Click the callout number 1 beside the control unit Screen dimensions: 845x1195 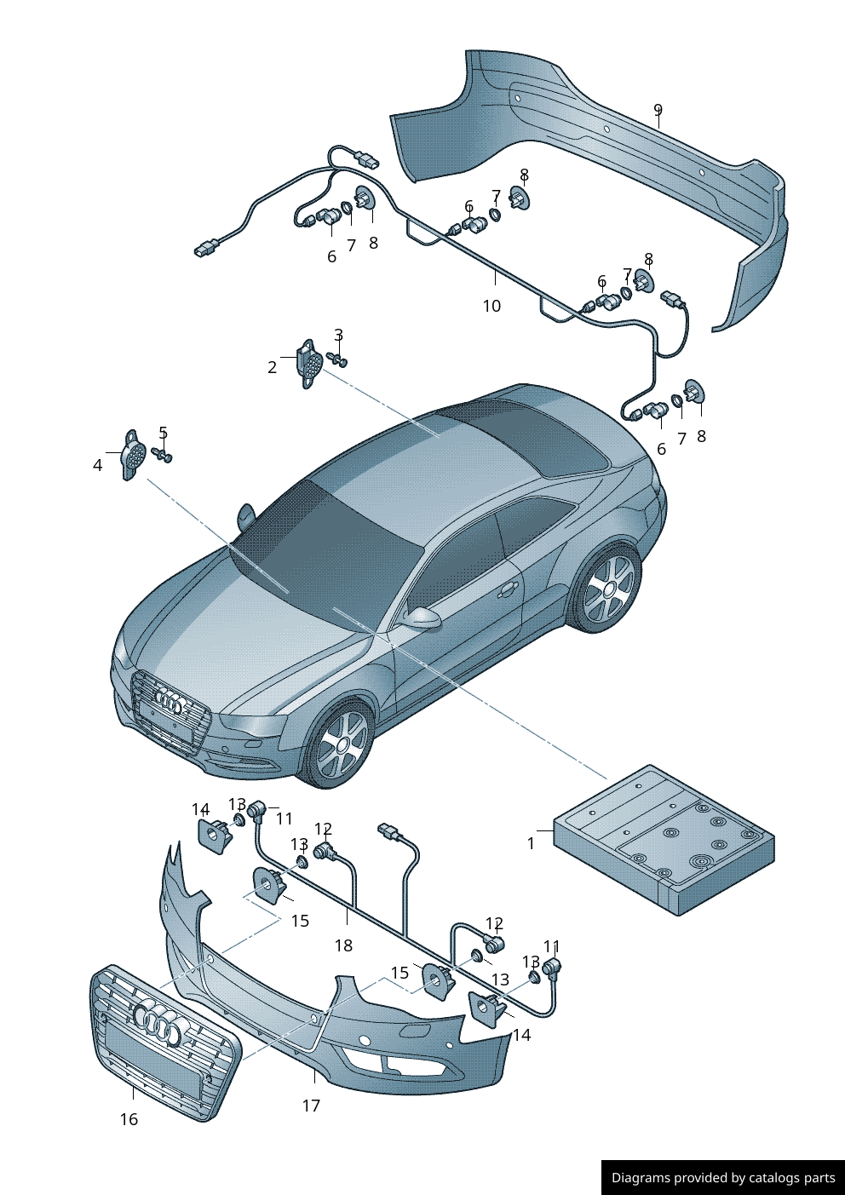(531, 843)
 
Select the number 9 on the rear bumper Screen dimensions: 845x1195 (658, 109)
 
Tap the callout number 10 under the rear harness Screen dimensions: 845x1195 (491, 306)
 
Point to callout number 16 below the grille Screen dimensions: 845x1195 (129, 1118)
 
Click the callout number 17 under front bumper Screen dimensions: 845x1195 (311, 1106)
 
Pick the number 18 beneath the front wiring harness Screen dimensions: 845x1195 (343, 945)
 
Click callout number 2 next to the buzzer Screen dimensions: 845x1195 (272, 367)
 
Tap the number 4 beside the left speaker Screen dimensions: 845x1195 (97, 465)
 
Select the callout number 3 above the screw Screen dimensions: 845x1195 (339, 335)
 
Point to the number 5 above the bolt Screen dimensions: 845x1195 (164, 433)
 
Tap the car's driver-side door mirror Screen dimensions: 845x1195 (422, 618)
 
